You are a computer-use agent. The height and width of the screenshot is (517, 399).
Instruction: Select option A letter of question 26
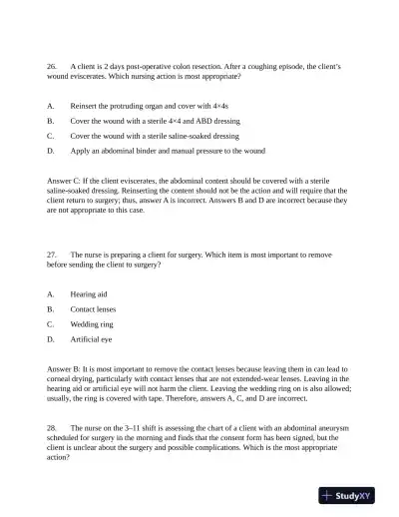[50, 105]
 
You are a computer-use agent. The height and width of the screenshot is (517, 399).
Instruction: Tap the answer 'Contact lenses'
[93, 309]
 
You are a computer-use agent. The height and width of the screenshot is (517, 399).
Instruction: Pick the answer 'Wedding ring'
[92, 324]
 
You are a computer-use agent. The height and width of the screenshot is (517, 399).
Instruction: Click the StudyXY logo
[346, 495]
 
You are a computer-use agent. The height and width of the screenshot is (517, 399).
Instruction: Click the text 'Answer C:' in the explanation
[65, 180]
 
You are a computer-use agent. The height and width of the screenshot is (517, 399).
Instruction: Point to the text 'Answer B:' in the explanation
[65, 369]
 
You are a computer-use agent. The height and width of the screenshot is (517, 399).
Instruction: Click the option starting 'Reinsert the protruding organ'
[150, 105]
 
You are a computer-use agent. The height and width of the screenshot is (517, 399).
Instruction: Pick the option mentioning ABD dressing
[155, 120]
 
